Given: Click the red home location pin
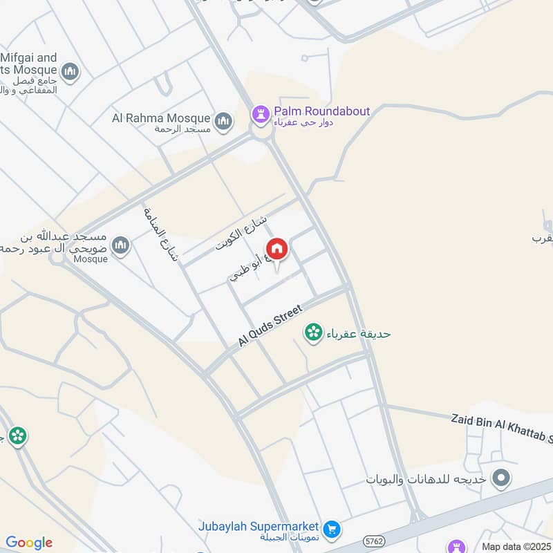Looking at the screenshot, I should click(276, 248).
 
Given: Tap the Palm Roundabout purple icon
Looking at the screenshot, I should click(260, 113).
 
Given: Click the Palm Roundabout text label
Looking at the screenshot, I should click(321, 111).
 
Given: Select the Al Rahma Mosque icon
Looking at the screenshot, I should click(223, 122).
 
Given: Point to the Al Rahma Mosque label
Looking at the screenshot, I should click(161, 118).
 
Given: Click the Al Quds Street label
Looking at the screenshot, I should click(271, 327).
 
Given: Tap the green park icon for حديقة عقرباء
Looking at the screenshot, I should click(313, 333).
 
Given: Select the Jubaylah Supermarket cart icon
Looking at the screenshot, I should click(332, 529).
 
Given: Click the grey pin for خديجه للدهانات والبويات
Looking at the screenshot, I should click(501, 478).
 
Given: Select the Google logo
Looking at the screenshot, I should click(29, 542).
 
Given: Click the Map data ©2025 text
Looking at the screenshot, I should click(515, 546).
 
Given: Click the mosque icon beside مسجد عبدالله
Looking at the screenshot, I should click(120, 245).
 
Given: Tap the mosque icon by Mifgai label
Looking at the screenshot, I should click(70, 71).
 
